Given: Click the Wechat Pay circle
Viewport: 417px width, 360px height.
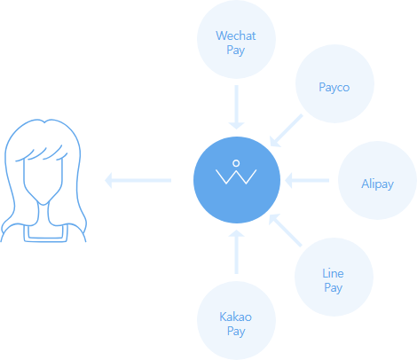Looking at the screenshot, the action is pos(236,39).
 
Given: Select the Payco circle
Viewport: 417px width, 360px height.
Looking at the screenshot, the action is pos(334,83).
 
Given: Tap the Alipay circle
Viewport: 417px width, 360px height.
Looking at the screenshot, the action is pos(377,180).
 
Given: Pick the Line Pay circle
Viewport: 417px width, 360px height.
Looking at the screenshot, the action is pos(334,277).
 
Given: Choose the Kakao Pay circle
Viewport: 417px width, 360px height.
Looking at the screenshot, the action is pos(236,320).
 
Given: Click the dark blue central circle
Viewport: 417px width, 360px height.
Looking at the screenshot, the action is pos(237,180).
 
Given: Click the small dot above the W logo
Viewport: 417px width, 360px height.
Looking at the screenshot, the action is pos(236,163).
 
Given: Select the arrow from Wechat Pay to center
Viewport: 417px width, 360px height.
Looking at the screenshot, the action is pos(236,107).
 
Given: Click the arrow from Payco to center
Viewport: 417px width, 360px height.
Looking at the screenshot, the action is pos(287,130).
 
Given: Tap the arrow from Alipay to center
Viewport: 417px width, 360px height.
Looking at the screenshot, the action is pos(307,180).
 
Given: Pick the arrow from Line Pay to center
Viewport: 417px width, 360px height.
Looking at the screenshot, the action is pos(286,230).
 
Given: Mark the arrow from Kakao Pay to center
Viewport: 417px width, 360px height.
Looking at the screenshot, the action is pos(236,252).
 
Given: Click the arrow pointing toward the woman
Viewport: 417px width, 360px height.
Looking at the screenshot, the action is pos(138,180).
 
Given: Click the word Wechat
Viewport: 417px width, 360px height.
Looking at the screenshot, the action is pos(236,35).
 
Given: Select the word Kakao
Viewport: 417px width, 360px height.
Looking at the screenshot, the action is pos(235,317).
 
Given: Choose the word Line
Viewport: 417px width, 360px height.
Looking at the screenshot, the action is pos(333,273).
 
